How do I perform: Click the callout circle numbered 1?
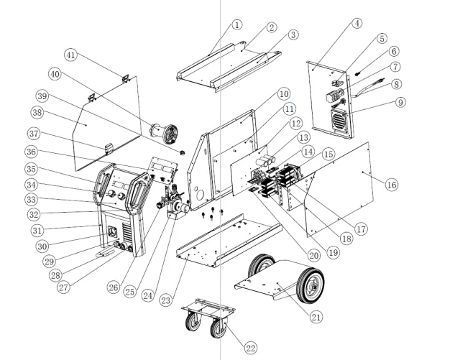(237, 24)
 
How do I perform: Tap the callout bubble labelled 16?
(392, 185)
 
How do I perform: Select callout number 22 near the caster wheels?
(251, 349)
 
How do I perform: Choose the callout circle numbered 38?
(37, 112)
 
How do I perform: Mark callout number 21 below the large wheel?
(316, 317)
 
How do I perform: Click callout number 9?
(400, 103)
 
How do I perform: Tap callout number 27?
(64, 287)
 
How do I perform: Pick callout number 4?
(356, 23)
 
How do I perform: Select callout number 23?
(166, 300)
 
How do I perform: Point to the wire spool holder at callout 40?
(165, 133)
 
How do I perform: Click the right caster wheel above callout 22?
(218, 328)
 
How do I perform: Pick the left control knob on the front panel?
(111, 193)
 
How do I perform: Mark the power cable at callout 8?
(368, 88)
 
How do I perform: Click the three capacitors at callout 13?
(266, 160)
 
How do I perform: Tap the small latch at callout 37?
(109, 149)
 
